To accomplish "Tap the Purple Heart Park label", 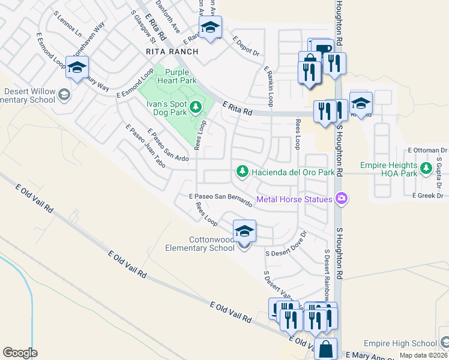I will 173,76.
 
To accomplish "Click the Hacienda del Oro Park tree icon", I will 243,172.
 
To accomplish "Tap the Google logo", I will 20,353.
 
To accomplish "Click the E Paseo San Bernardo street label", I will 220,199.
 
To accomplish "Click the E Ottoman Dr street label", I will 427,150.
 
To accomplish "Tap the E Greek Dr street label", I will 427,196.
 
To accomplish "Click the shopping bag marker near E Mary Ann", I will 325,349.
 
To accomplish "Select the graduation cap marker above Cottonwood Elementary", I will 244,230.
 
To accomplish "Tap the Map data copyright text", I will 423,355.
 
